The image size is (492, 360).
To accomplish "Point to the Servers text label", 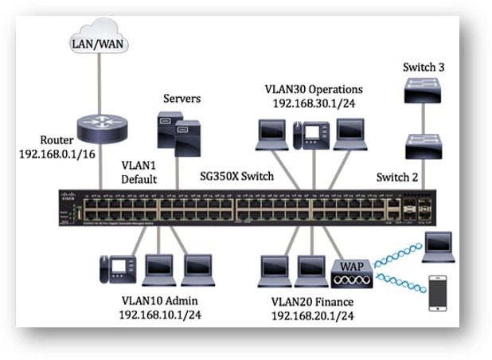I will coord(182,99).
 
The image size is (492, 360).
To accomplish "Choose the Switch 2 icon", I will coord(419,147).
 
